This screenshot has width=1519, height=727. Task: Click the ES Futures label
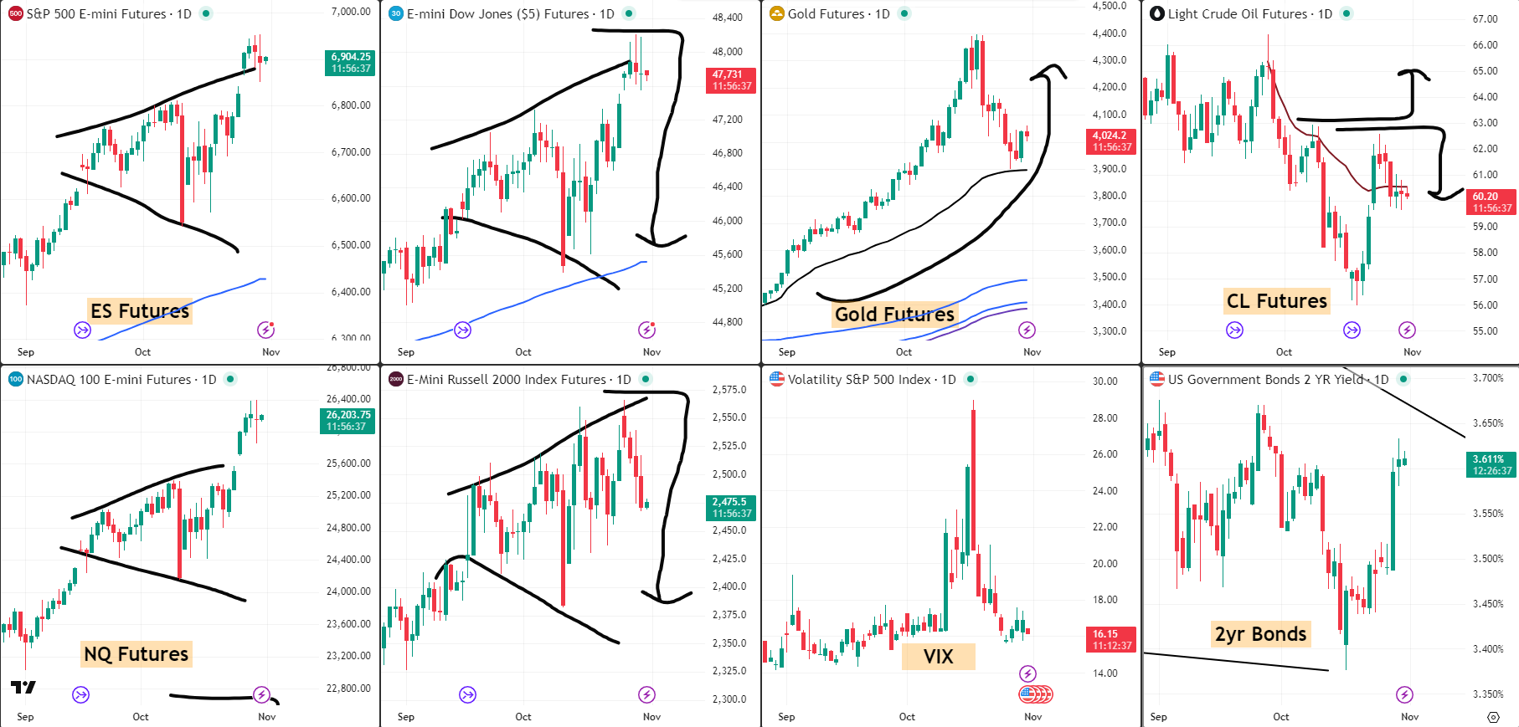(140, 311)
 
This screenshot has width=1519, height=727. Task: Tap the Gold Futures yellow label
(894, 315)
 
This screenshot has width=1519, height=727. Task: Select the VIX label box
(938, 657)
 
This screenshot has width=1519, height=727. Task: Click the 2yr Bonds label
(1260, 634)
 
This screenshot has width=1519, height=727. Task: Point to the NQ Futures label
(136, 654)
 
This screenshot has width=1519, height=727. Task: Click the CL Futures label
(1276, 301)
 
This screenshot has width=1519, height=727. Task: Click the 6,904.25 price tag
(350, 63)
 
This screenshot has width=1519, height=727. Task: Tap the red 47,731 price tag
(732, 80)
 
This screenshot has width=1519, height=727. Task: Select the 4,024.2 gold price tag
(1112, 141)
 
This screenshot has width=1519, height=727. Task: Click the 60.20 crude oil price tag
(1492, 202)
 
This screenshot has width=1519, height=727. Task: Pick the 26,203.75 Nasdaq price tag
(348, 421)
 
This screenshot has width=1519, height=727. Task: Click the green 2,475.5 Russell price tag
(731, 508)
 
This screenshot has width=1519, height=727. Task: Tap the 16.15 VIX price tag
(1111, 640)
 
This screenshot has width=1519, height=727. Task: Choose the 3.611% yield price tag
(1492, 465)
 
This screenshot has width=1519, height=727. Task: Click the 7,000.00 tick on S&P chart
(351, 12)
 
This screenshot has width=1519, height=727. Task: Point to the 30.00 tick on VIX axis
(1104, 381)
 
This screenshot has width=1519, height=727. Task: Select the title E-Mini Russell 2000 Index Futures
(507, 380)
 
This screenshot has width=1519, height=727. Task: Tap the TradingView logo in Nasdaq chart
(23, 688)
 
